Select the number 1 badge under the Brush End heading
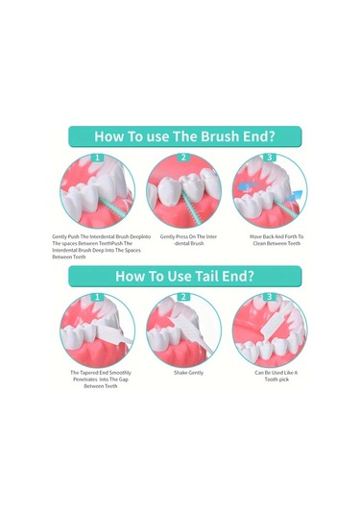(97, 158)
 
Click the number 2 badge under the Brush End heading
(183, 158)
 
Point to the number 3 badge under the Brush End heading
(269, 158)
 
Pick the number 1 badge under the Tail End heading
(97, 297)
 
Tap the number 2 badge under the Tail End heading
(183, 297)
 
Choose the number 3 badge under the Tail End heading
(269, 297)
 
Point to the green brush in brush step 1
(113, 208)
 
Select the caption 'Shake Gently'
(188, 373)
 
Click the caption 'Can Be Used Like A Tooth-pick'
(276, 376)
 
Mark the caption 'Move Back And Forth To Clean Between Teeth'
(276, 240)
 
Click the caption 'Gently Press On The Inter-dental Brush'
(188, 240)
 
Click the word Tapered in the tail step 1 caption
(89, 373)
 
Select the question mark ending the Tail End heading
(251, 276)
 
